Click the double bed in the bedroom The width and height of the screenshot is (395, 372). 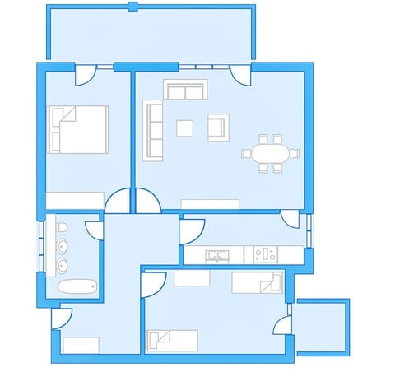pyautogui.click(x=78, y=129)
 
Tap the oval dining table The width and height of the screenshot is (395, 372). pyautogui.click(x=270, y=153)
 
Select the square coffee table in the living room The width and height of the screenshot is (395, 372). pyautogui.click(x=185, y=128)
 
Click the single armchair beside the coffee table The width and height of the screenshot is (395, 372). pyautogui.click(x=217, y=128)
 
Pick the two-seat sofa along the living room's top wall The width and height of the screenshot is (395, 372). pyautogui.click(x=186, y=90)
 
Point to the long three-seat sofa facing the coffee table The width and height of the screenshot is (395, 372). pyautogui.click(x=154, y=129)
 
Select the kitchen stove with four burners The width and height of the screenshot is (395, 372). pyautogui.click(x=265, y=256)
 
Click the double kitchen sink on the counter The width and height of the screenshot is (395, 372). pyautogui.click(x=217, y=256)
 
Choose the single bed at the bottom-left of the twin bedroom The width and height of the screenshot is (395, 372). pyautogui.click(x=172, y=340)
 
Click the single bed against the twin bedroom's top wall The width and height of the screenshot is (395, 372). pyautogui.click(x=257, y=283)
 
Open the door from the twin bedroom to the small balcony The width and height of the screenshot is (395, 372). pyautogui.click(x=283, y=323)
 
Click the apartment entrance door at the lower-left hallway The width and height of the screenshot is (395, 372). pyautogui.click(x=63, y=317)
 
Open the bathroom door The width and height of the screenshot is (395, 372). pyautogui.click(x=94, y=230)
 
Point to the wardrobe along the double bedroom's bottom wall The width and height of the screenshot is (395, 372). pyautogui.click(x=75, y=201)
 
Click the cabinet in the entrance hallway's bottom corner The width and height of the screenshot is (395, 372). pyautogui.click(x=81, y=345)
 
